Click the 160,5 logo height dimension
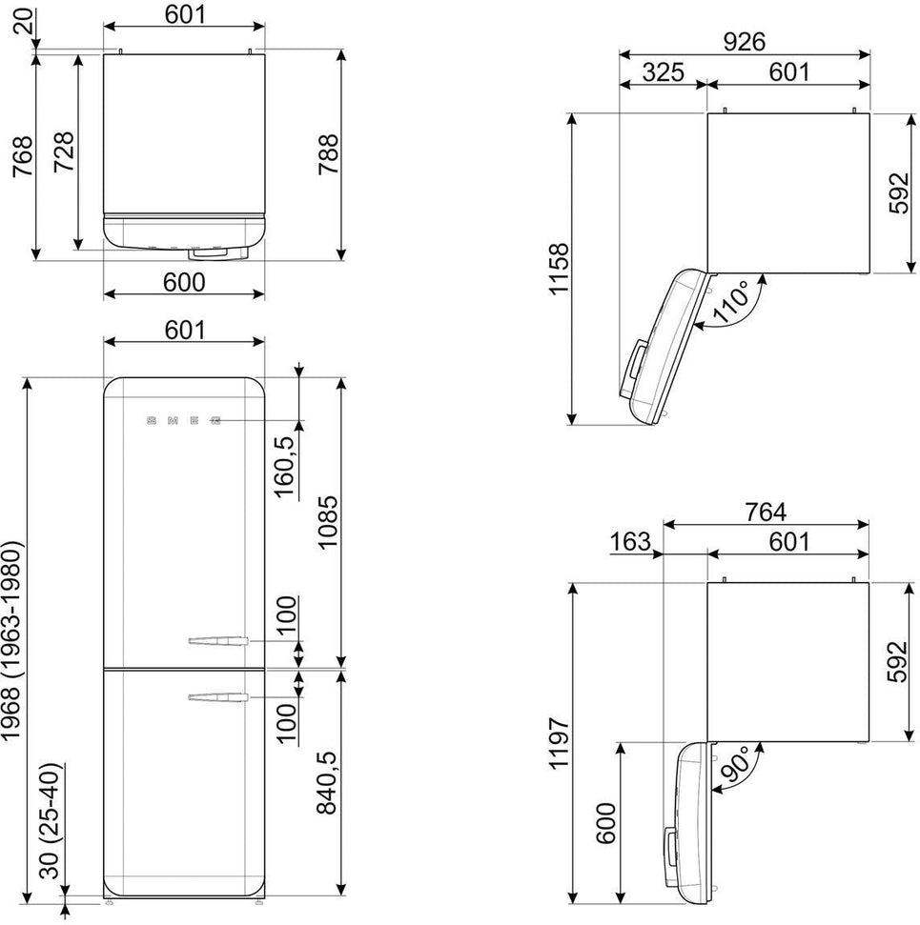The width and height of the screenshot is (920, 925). [283, 467]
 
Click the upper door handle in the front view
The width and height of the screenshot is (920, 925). [217, 642]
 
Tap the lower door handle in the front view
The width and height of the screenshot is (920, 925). [217, 698]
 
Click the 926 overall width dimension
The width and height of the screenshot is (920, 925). [744, 40]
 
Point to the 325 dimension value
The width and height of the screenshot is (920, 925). [662, 71]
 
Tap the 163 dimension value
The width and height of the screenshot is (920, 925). [630, 542]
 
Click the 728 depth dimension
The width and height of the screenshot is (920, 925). [64, 151]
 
